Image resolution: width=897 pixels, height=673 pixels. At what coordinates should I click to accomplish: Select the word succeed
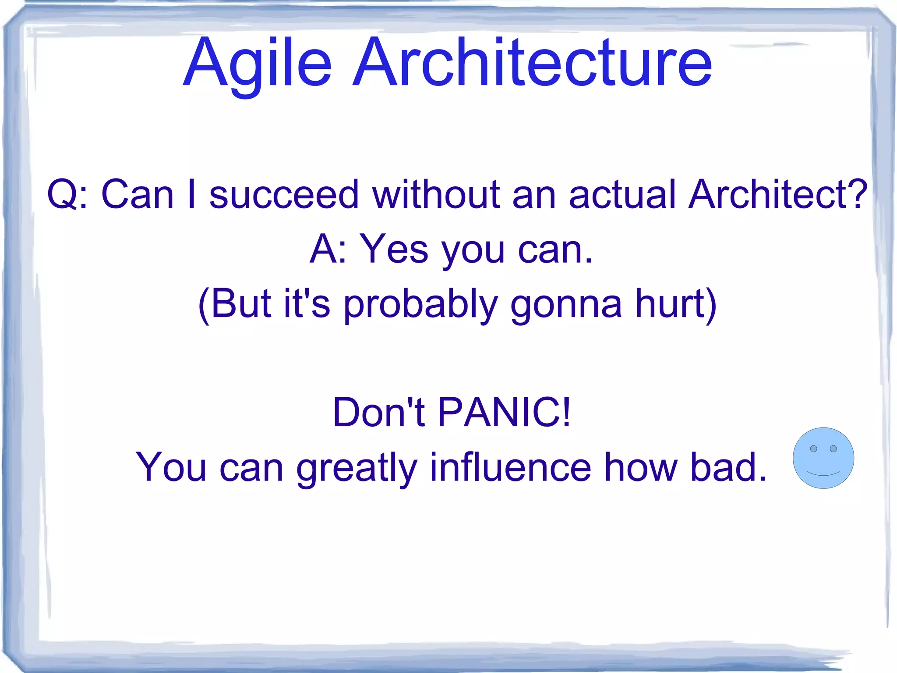click(x=284, y=194)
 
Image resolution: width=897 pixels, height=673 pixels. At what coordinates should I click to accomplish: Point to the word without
click(x=436, y=194)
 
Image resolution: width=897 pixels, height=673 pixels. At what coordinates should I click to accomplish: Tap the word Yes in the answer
click(x=394, y=249)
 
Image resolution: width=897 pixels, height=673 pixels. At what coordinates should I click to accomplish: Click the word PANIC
click(x=504, y=412)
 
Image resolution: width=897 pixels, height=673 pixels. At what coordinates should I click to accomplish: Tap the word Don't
click(x=378, y=412)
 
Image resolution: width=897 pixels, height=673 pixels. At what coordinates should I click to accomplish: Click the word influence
click(x=510, y=467)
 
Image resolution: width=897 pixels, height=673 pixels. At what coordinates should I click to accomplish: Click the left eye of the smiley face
click(x=813, y=449)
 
